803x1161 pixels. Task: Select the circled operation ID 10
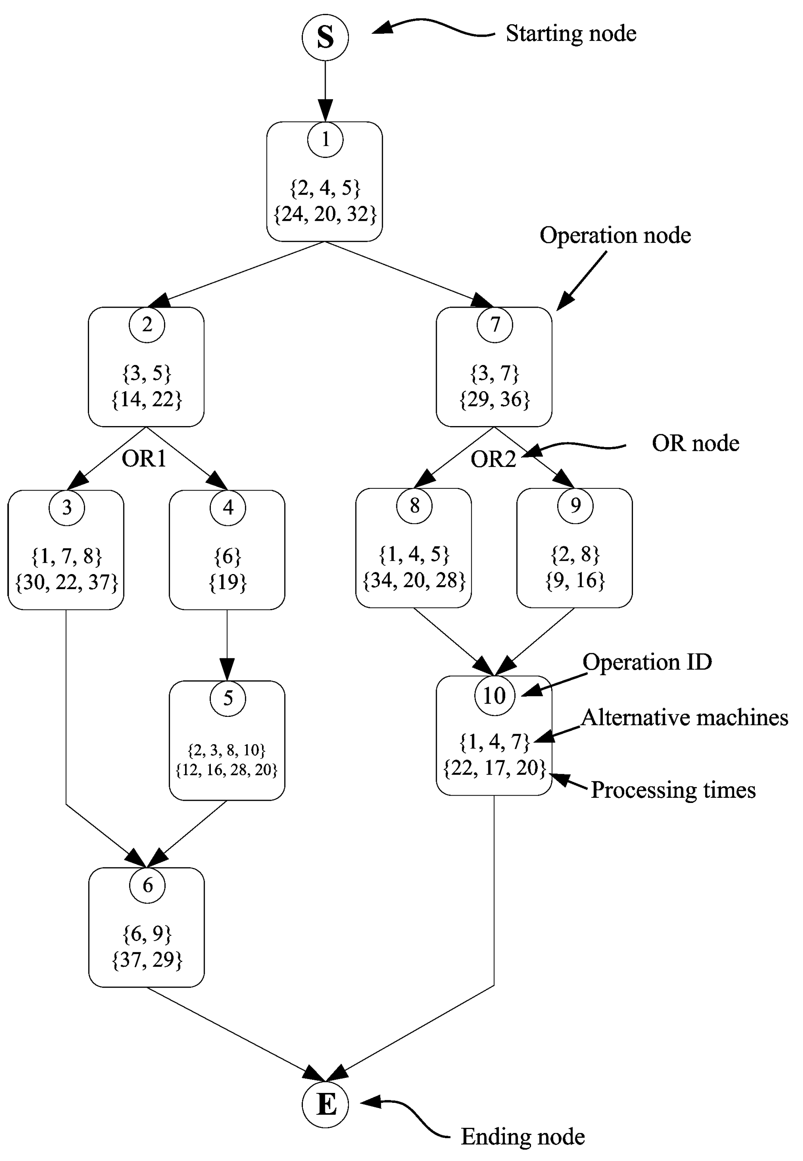[494, 696]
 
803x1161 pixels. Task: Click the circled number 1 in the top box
[325, 139]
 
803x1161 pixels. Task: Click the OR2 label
[493, 459]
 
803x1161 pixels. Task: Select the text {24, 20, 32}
[325, 214]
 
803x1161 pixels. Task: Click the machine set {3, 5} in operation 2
[146, 373]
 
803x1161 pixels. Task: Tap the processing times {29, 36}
[494, 399]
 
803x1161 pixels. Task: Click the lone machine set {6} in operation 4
[227, 556]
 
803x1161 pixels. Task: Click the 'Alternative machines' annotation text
[684, 718]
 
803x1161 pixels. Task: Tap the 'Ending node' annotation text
[522, 1137]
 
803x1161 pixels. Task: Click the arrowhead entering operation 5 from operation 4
[227, 670]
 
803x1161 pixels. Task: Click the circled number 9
[575, 506]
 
